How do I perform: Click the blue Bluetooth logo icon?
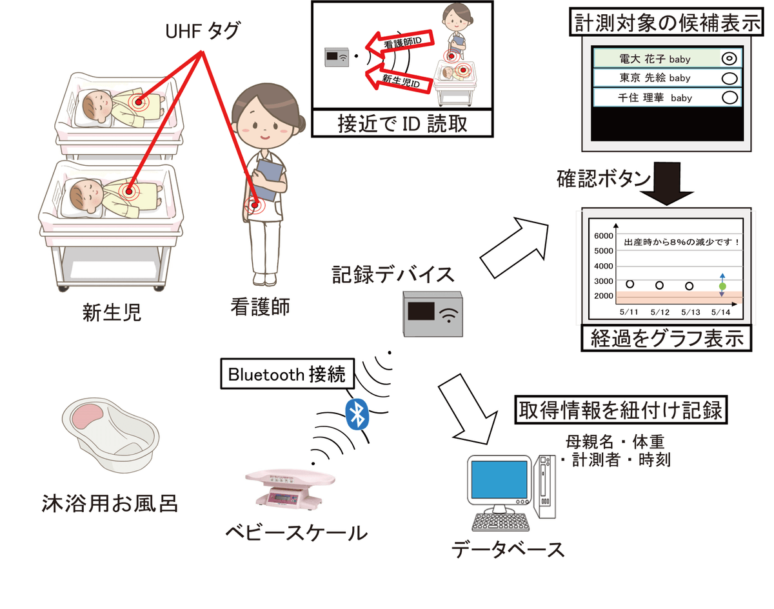tap(357, 414)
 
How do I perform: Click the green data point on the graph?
tap(722, 286)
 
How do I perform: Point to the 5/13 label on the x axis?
tap(690, 312)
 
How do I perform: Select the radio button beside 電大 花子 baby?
tap(729, 59)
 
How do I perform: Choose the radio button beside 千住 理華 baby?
tap(729, 97)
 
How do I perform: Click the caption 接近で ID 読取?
tap(402, 124)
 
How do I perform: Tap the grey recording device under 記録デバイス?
tap(433, 314)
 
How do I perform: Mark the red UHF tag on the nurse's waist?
tap(255, 206)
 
